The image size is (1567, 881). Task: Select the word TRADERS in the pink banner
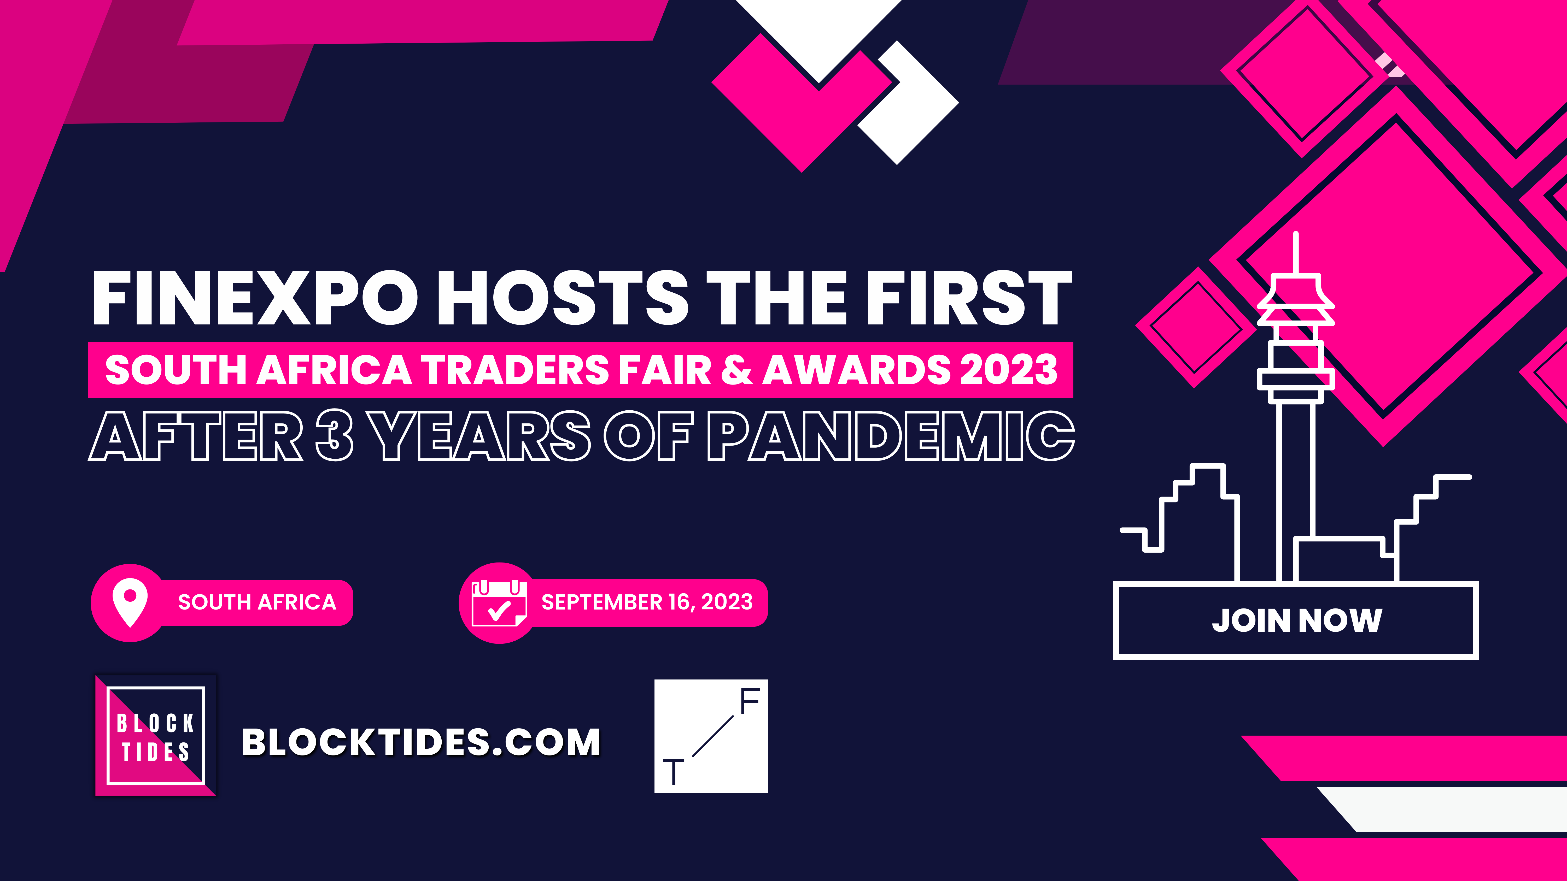point(515,370)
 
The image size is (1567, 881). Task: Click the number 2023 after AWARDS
point(1009,370)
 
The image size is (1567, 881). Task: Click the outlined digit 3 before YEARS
point(335,435)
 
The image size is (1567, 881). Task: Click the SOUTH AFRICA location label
point(257,602)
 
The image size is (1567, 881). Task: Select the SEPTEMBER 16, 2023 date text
point(647,602)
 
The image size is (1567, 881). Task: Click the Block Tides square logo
point(156,736)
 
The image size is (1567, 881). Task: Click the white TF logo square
point(710,736)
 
